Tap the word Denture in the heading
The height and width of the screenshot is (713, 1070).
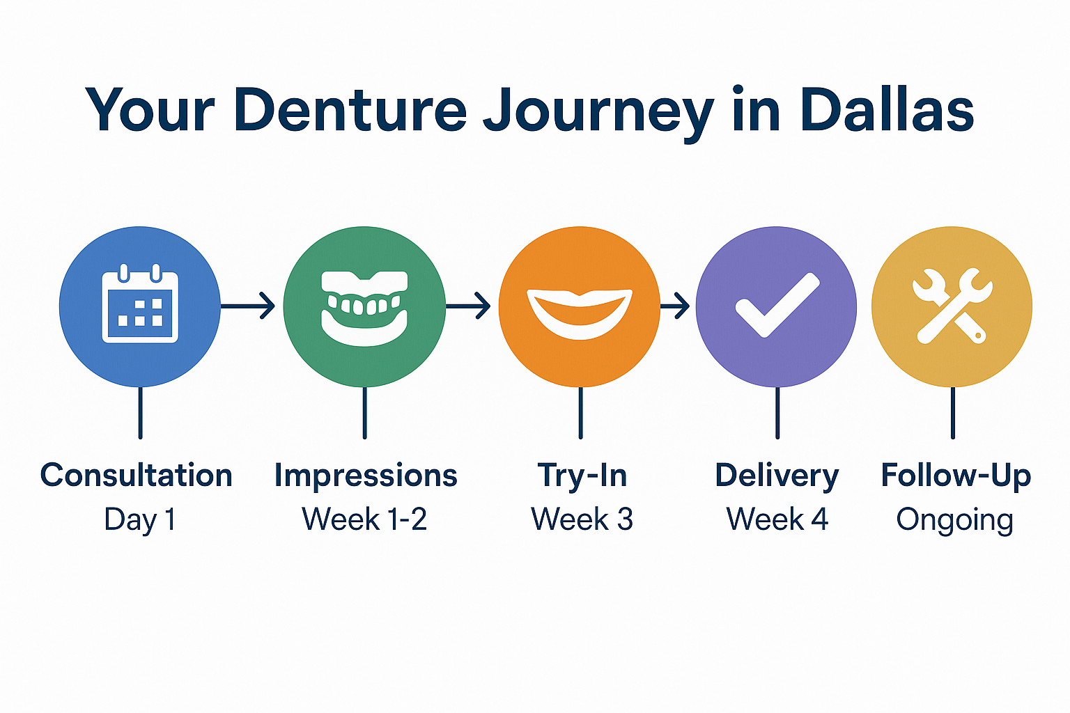pos(350,110)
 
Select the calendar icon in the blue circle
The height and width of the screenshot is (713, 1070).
pos(140,306)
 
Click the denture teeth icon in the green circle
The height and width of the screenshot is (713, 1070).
pos(364,307)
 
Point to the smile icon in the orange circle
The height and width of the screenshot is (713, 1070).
pos(580,312)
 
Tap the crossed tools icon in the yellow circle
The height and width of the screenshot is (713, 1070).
pos(952,306)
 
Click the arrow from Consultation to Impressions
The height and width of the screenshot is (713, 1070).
pos(249,306)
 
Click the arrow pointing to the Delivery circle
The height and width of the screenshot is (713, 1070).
pos(675,306)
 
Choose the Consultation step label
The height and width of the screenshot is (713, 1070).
pos(137,476)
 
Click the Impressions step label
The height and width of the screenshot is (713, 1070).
pos(366,476)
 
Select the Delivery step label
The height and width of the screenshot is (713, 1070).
pos(777,476)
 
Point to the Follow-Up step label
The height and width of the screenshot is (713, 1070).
pos(956,476)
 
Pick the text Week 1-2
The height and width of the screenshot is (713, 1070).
pos(364,519)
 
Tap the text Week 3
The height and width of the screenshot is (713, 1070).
pos(582,519)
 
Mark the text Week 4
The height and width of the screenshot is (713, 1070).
pos(777,519)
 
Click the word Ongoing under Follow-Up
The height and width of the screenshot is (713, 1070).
pos(954,521)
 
